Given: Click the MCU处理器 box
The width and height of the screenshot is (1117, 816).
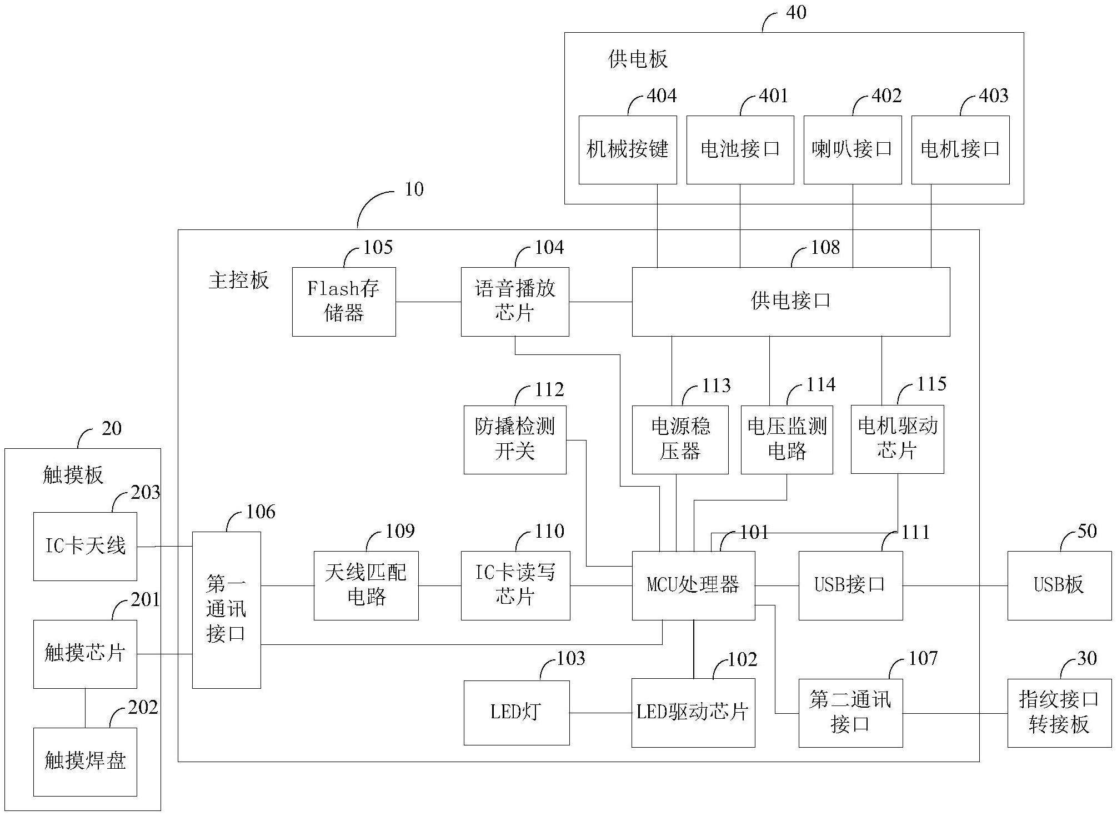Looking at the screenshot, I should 693,585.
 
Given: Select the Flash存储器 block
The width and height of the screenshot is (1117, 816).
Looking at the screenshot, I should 344,302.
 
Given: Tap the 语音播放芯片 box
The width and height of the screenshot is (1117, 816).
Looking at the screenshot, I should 514,302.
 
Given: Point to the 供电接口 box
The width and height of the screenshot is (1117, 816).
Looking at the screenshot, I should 790,302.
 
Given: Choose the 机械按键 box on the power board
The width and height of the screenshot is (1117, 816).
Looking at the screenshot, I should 627,149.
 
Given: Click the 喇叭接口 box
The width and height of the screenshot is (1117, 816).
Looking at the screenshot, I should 852,149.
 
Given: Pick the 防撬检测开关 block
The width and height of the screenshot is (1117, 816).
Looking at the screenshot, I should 514,439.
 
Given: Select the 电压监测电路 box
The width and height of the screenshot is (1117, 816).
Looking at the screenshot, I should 787,439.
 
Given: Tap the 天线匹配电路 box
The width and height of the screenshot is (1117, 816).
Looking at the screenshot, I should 366,585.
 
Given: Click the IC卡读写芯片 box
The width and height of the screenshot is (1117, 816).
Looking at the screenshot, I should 515,585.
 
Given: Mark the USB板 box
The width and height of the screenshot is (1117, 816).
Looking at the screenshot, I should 1059,585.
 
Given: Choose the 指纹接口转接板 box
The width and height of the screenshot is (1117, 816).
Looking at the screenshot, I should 1059,713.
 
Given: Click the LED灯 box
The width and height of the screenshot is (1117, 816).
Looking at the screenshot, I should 516,713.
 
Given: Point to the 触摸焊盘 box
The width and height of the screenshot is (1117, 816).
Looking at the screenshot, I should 85,762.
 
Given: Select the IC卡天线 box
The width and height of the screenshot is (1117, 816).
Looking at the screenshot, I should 85,546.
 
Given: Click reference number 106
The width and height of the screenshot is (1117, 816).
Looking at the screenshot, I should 261,512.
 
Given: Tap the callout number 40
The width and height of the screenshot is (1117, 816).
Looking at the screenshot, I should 796,12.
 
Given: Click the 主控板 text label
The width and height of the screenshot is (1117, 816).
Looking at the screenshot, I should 239,281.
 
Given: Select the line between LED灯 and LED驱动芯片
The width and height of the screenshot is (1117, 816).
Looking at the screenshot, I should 600,713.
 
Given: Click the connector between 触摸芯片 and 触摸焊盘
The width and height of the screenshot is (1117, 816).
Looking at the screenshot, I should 85,708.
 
